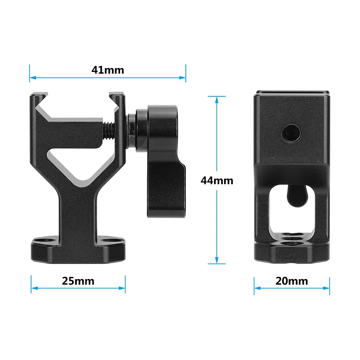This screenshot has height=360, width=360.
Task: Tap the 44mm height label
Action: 216,180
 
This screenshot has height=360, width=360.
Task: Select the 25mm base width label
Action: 78,281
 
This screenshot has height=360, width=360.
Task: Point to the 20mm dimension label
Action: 292,281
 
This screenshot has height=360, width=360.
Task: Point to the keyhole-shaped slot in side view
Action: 295,195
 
